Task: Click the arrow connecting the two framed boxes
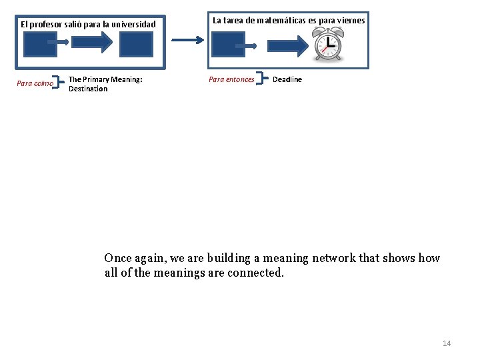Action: (188, 40)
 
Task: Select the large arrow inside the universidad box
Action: (93, 43)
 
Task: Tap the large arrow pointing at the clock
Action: (287, 45)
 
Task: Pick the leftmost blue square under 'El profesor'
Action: (40, 44)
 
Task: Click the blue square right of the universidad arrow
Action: (136, 44)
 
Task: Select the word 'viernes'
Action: (351, 20)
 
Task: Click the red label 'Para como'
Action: (35, 84)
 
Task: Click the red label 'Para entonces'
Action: (231, 79)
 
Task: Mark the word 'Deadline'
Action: (287, 79)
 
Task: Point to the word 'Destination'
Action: (88, 89)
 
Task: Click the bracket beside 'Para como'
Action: (61, 83)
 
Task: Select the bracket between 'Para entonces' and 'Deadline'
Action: (262, 79)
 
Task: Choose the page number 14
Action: (447, 343)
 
